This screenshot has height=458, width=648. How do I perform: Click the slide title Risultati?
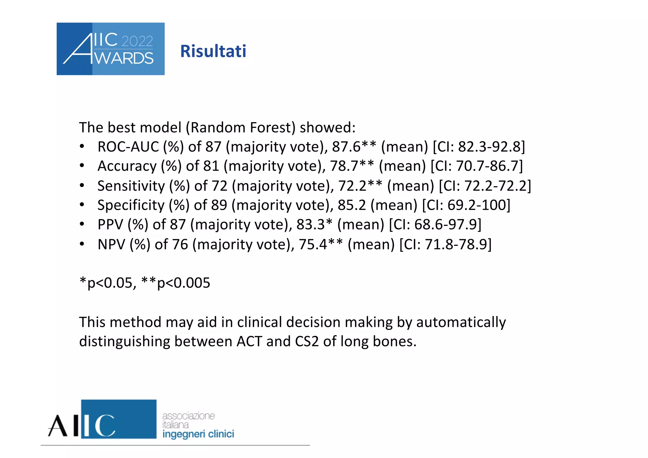(213, 51)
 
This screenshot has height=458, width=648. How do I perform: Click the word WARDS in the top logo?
(124, 59)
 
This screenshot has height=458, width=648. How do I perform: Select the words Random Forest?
(243, 127)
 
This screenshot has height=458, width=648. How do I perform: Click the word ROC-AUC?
(128, 147)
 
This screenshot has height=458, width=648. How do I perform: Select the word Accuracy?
(127, 166)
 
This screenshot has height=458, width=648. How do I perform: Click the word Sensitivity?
(131, 186)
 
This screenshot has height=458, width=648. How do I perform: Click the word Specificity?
(131, 205)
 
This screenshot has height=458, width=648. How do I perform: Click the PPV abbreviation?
(110, 225)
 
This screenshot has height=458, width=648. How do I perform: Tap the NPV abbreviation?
(111, 244)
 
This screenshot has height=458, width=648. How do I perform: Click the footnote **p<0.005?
(176, 283)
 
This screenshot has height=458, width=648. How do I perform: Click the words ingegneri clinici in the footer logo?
(198, 434)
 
